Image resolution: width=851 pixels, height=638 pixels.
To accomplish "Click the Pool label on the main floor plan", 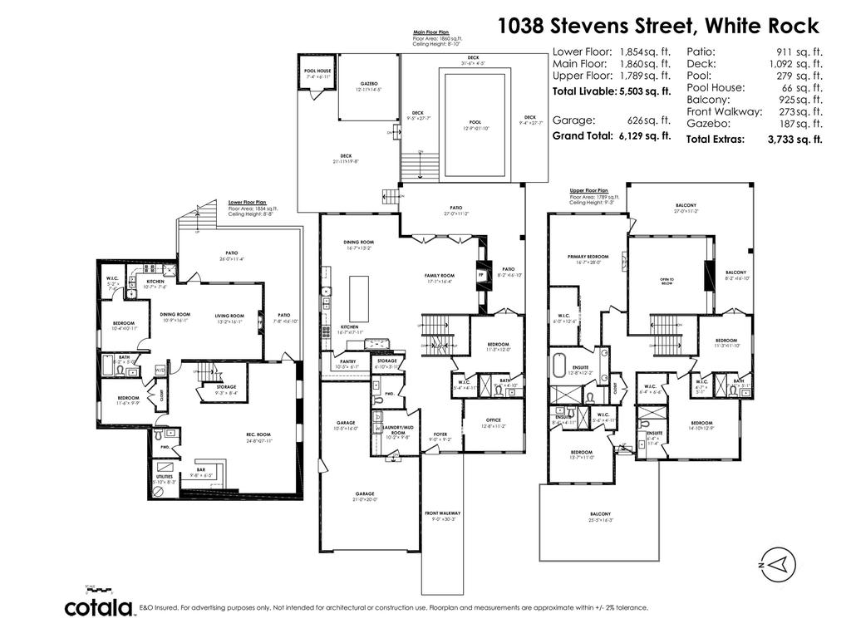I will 475,123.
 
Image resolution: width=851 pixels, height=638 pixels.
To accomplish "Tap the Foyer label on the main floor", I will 440,436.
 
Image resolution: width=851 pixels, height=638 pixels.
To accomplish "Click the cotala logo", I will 100,607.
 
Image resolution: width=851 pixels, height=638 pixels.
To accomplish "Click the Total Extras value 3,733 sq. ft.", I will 794,140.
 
